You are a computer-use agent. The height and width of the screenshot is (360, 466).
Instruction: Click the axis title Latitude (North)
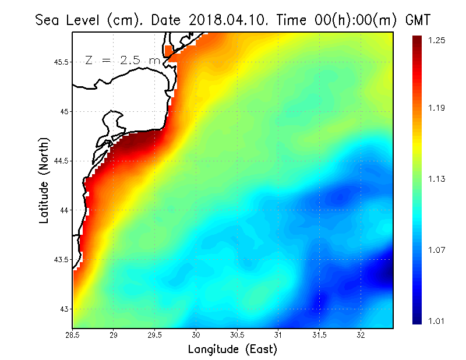point(44,180)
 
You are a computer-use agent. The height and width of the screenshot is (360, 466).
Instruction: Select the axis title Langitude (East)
point(232,350)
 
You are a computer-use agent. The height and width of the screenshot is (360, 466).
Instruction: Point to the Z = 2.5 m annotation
point(122,61)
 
